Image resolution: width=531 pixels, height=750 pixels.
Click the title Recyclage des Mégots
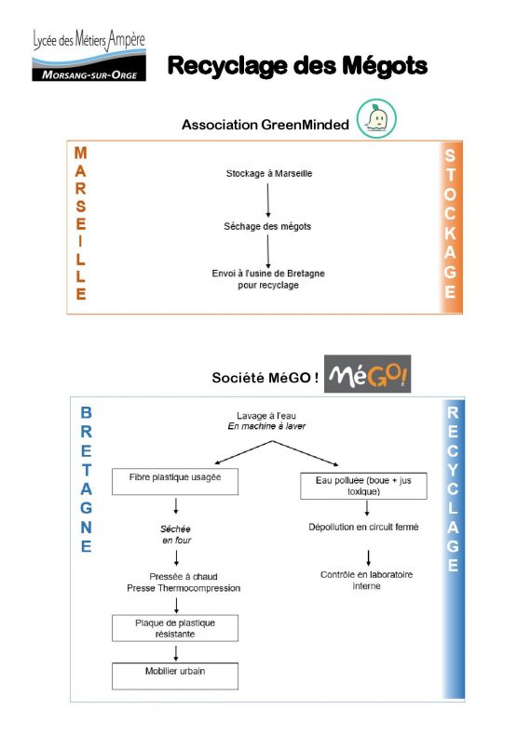(x=297, y=66)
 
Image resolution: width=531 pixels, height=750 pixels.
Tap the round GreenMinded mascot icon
(x=376, y=119)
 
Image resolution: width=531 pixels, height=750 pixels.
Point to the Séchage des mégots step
(x=267, y=226)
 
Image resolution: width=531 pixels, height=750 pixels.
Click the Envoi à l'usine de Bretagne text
(x=267, y=279)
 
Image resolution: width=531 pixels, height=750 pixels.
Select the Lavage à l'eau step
(x=267, y=421)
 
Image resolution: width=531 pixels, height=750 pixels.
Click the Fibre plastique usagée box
(x=174, y=481)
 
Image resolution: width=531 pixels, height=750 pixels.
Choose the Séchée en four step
(x=175, y=534)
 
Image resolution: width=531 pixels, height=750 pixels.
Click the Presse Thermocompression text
(x=183, y=588)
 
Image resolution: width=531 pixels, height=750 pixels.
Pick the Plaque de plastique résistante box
(x=174, y=627)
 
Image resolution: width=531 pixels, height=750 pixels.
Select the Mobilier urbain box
(x=174, y=671)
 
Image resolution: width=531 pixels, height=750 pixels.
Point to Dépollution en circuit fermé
(x=363, y=527)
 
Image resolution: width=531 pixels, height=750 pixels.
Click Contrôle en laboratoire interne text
(x=367, y=580)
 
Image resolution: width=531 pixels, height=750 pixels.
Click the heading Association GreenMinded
(x=265, y=125)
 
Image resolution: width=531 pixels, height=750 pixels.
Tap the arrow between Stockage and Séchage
(x=268, y=199)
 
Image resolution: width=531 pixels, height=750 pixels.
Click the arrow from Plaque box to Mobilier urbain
(x=175, y=650)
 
